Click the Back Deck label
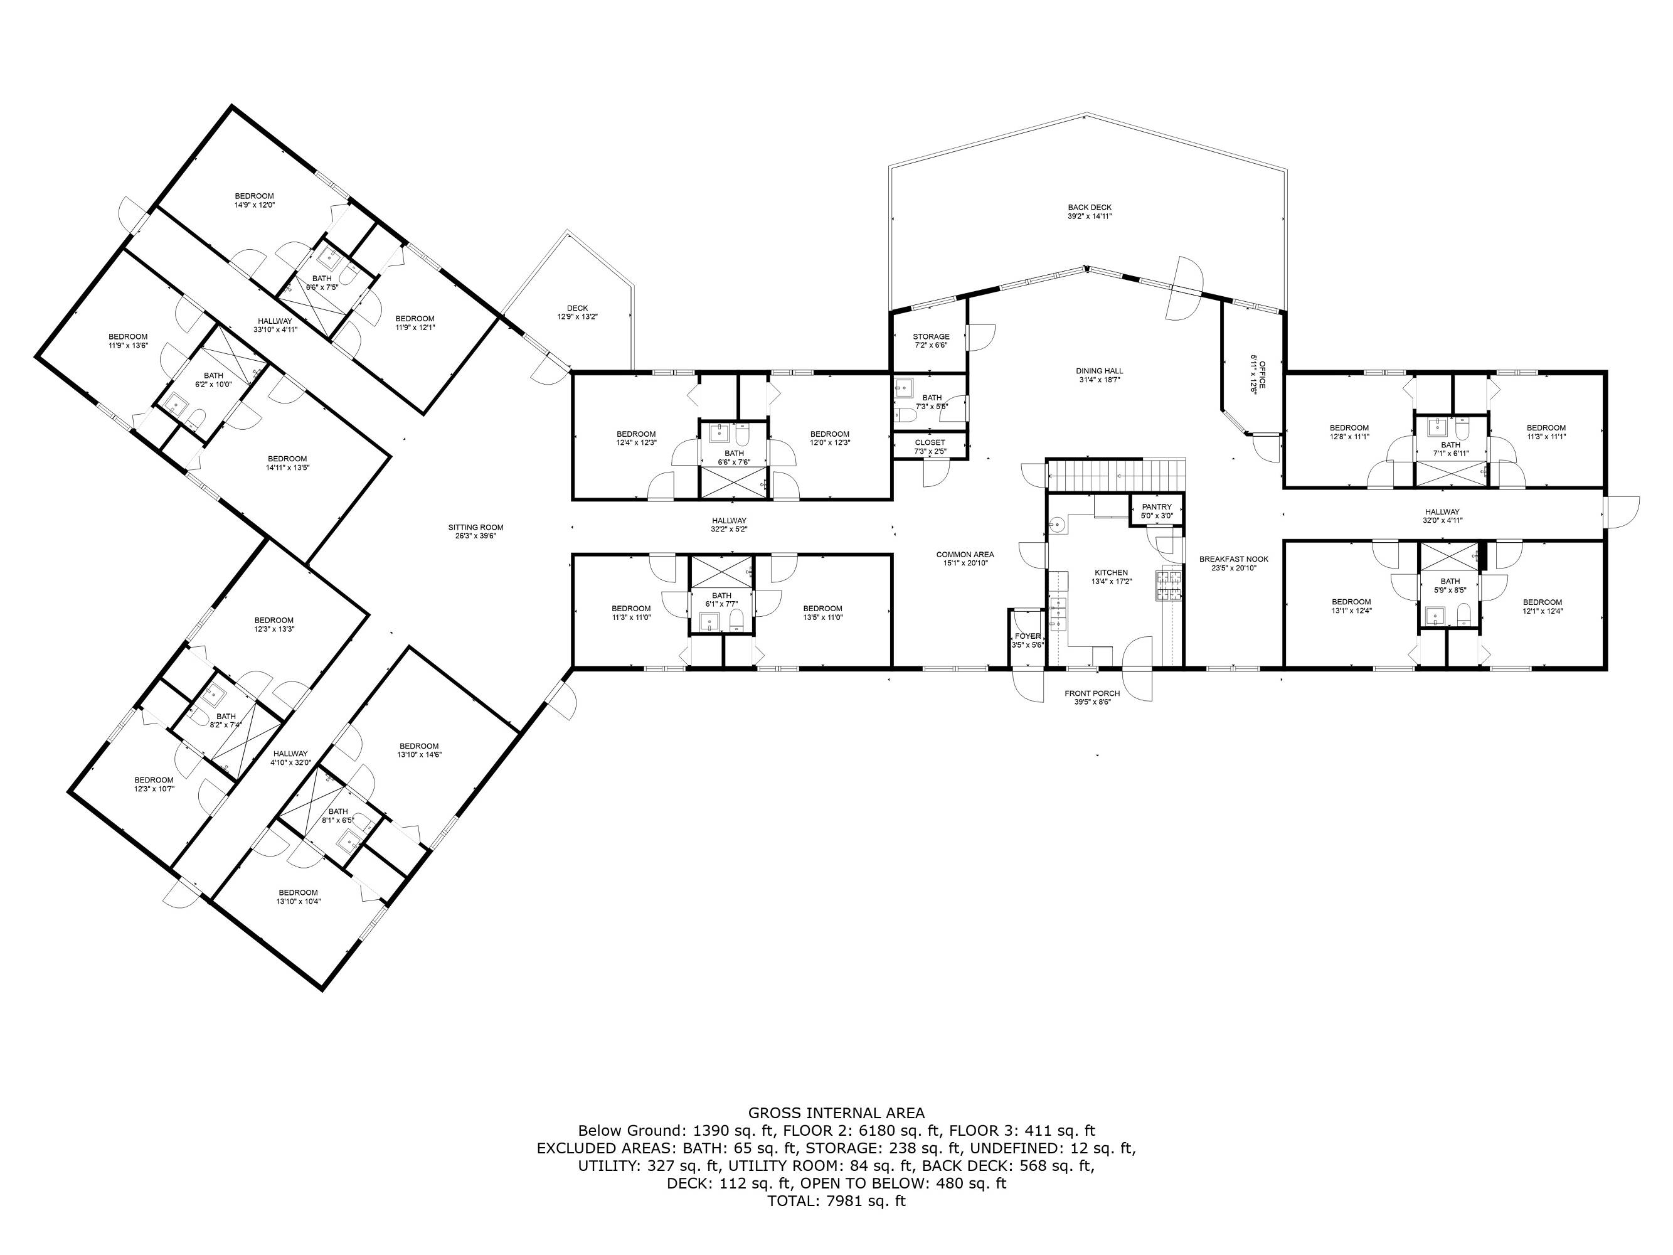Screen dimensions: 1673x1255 coord(1089,207)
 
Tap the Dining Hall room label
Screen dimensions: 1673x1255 coord(1100,371)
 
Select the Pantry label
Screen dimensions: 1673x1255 coord(1157,507)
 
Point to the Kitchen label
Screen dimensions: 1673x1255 coord(1111,573)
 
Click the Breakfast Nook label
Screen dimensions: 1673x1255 coord(1233,559)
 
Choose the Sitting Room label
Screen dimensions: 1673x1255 coord(475,527)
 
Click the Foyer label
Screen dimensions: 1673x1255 coord(1028,636)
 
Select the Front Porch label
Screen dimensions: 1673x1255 coord(1092,693)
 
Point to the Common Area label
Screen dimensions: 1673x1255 coord(965,555)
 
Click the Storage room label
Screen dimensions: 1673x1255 coord(931,336)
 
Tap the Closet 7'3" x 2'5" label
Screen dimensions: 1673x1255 coord(930,447)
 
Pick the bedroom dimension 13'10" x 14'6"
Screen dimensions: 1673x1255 coord(419,754)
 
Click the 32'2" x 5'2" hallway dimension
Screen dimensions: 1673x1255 coord(729,529)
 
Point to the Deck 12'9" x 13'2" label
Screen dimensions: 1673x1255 coord(577,312)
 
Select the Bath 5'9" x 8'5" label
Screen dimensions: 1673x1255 coord(1450,585)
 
